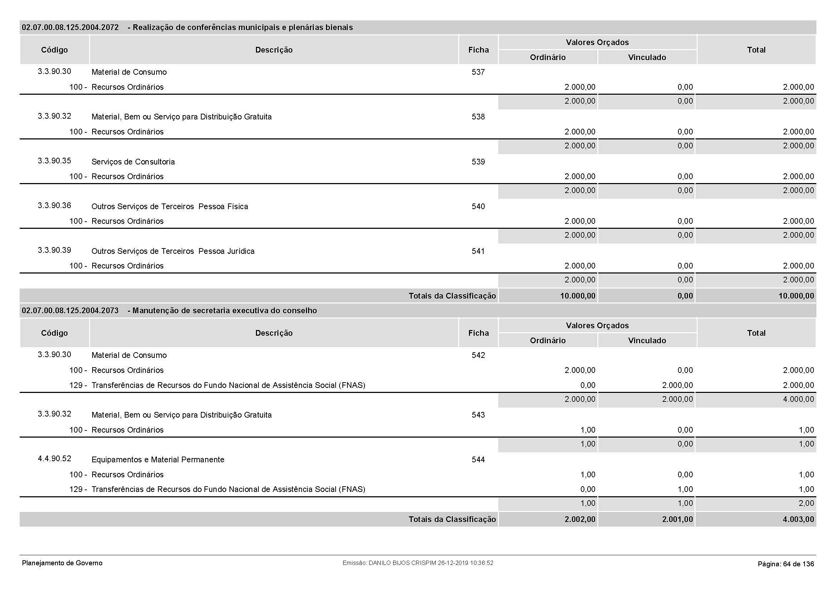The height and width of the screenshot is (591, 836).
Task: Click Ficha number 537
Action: [478, 72]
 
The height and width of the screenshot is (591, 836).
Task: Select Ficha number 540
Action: [478, 206]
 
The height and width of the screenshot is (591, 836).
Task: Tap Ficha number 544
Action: [478, 459]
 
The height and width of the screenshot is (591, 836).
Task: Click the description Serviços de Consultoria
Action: [133, 162]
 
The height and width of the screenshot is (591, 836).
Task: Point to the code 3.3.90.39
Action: [54, 250]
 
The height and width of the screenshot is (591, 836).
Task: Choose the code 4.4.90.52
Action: [54, 458]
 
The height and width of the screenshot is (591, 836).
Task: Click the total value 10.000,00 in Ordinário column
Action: [578, 296]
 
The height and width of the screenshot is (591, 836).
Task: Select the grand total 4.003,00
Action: [798, 519]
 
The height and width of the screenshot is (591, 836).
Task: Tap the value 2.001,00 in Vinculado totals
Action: [677, 519]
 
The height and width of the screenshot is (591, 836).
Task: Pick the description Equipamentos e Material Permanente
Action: [158, 459]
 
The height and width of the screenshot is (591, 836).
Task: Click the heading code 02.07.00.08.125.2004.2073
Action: [70, 311]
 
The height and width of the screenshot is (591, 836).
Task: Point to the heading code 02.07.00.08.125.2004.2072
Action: [70, 28]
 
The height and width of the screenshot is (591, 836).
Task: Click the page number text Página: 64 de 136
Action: [786, 564]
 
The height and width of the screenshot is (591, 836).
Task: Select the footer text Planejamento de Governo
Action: [62, 563]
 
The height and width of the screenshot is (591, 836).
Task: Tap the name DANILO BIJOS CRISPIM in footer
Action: [402, 563]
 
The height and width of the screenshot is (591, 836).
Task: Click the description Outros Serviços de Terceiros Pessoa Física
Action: [170, 206]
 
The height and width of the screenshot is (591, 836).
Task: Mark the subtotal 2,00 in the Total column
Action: [806, 503]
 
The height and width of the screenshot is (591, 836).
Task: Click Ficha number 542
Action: [478, 355]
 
